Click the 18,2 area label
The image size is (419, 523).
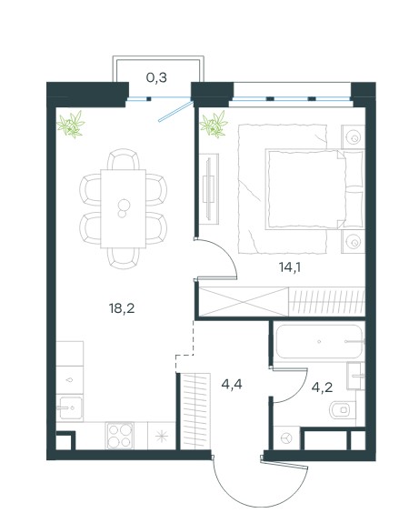point(122,308)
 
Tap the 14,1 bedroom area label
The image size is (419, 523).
point(289,267)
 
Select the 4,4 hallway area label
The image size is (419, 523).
point(232,385)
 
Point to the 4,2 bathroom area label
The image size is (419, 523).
point(322,387)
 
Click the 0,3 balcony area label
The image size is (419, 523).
point(156,77)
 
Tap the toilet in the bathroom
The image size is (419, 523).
point(343,409)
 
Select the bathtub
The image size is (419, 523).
point(319,342)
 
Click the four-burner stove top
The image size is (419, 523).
point(120,436)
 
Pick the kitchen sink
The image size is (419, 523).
point(69,407)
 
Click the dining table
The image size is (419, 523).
point(124,209)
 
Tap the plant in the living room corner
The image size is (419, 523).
point(71,124)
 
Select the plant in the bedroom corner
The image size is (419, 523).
point(214,124)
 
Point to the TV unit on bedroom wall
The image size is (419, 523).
point(210,189)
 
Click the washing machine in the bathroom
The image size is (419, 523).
point(286,438)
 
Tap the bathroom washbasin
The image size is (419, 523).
point(355,376)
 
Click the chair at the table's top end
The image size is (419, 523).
point(123,159)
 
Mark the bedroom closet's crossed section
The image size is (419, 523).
point(244,301)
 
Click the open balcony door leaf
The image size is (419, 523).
point(175,111)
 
